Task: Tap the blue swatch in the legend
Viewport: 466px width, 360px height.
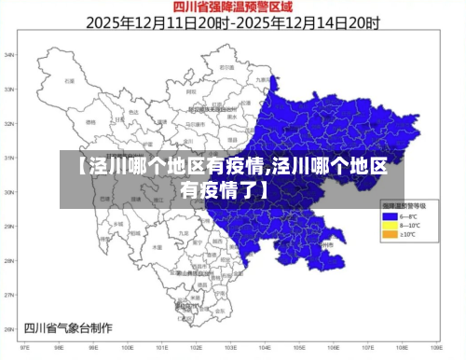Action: point(388,216)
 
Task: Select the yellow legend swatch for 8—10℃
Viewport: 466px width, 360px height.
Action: point(388,225)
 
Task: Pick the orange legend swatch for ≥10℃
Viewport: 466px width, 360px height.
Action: point(388,234)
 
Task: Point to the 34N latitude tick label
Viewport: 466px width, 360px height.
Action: point(8,55)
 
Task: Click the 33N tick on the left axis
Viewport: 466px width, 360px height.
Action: point(8,90)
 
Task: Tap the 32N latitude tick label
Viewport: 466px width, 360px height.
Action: point(8,124)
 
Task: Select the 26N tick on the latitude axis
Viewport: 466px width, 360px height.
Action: point(8,328)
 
